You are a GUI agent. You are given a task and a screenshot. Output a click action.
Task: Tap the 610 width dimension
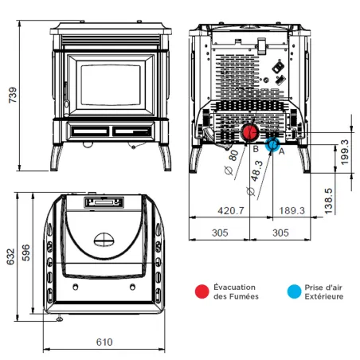pyautogui.click(x=104, y=342)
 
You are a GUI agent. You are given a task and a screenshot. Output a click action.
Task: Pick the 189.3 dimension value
pyautogui.click(x=292, y=211)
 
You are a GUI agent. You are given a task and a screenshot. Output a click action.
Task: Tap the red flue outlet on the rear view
pyautogui.click(x=250, y=132)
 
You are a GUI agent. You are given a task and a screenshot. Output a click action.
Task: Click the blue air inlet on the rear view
pyautogui.click(x=272, y=145)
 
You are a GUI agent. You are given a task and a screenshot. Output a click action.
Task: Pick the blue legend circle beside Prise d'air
pyautogui.click(x=295, y=292)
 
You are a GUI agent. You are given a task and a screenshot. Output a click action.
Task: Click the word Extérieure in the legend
pyautogui.click(x=326, y=297)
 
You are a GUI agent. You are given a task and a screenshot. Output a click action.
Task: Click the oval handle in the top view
pyautogui.click(x=104, y=237)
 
